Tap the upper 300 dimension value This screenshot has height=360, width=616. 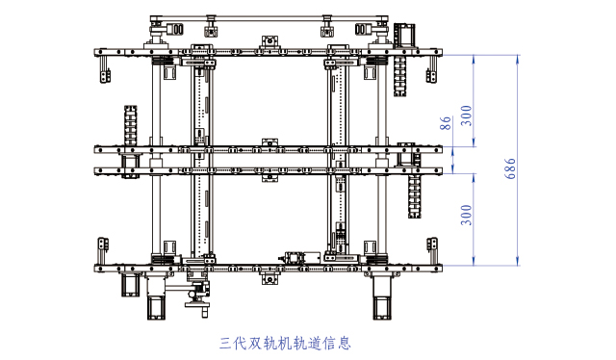click(467, 115)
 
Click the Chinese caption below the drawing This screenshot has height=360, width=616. click(284, 342)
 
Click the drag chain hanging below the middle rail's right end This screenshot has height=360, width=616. click(416, 195)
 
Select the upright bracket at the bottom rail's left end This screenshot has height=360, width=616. click(103, 248)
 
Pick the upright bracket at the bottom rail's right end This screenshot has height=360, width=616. click(435, 248)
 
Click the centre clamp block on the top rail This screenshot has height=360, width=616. click(272, 42)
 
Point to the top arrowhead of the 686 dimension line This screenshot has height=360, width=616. click(517, 58)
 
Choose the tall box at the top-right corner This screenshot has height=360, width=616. click(404, 35)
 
